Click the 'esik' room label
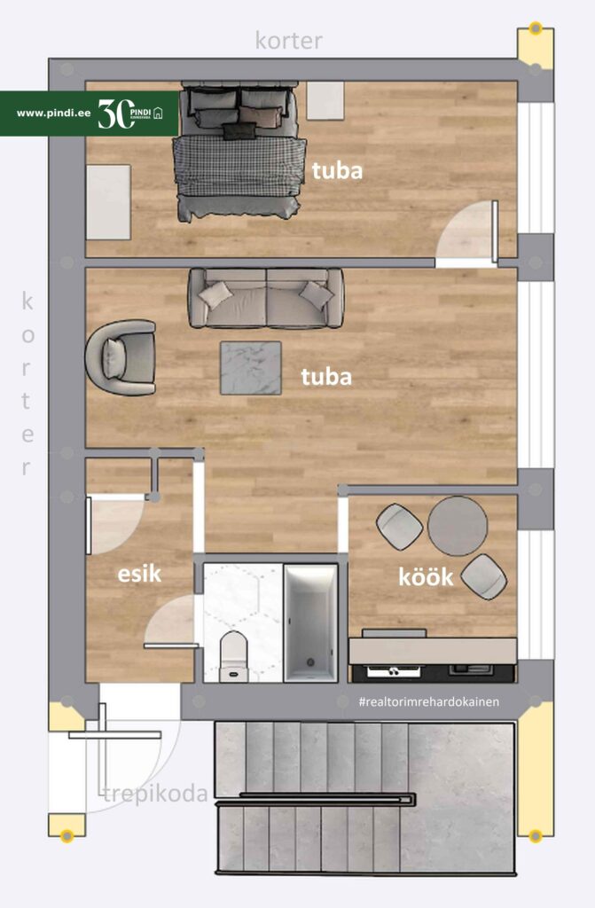point(139,574)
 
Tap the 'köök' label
point(426,576)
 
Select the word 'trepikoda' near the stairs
point(155,794)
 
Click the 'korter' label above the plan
point(288,41)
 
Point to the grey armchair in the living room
point(121,358)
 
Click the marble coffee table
point(250,368)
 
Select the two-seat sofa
point(266,298)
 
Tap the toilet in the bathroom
point(234,656)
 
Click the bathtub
point(311,623)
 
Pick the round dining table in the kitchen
point(458,526)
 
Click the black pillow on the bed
point(239,131)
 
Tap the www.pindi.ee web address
point(53,113)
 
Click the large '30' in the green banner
point(115,113)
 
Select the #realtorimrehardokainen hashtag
point(428,702)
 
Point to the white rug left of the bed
point(108,202)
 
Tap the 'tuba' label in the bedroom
point(337,170)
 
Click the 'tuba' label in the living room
point(326,377)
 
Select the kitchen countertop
point(432,650)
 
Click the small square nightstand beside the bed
point(325,101)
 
